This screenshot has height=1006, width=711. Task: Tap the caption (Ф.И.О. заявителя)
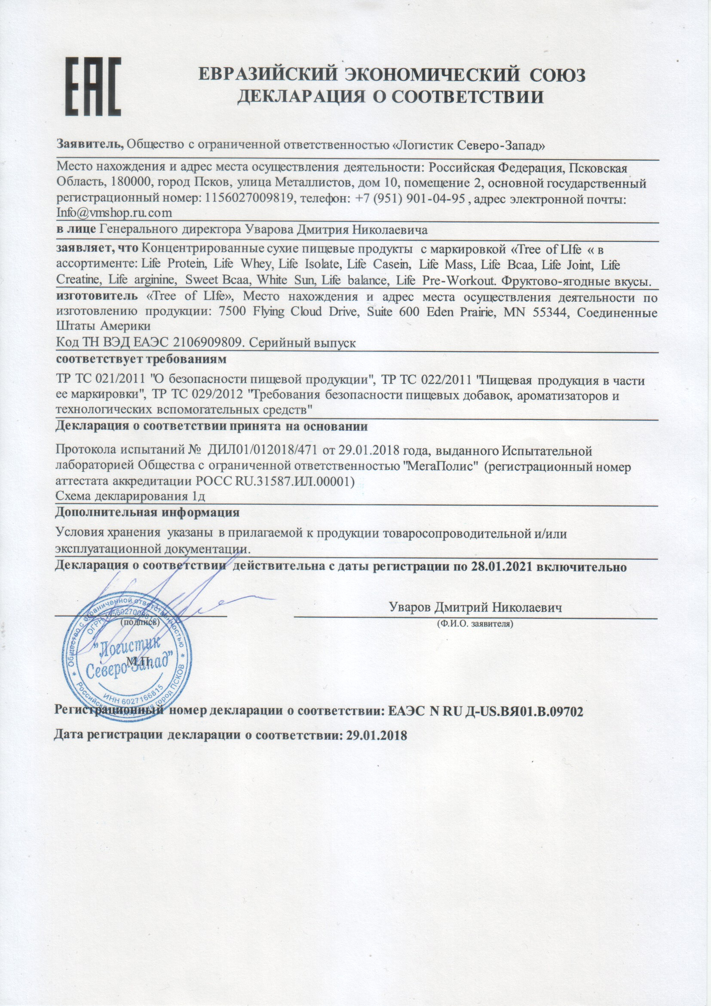(x=475, y=623)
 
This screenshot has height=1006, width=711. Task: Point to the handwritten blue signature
(x=175, y=596)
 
